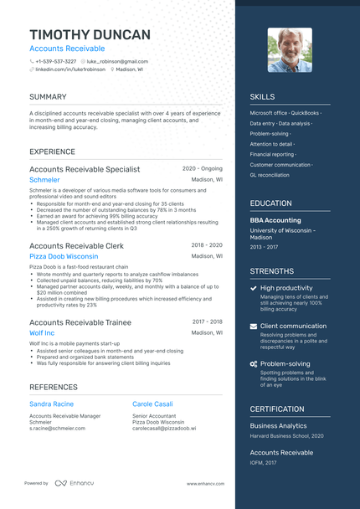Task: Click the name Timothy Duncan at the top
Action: coord(90,34)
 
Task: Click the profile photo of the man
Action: coord(290,49)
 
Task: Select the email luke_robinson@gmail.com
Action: coord(118,61)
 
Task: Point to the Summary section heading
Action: coord(48,97)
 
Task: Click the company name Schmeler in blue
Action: coord(44,180)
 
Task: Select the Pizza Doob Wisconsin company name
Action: coord(64,256)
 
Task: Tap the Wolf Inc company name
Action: coord(42,332)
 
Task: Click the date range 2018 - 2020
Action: coord(207,245)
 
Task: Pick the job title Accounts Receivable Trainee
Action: coord(80,321)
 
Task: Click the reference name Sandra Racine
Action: coord(51,404)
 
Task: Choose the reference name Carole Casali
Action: coord(153,404)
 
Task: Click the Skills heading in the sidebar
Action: coord(262,97)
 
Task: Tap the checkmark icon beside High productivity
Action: coord(254,288)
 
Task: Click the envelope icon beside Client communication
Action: coord(254,326)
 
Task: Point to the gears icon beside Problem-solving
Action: coord(254,364)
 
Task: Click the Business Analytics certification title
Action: coord(279,425)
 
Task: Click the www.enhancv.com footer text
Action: coord(203,483)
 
